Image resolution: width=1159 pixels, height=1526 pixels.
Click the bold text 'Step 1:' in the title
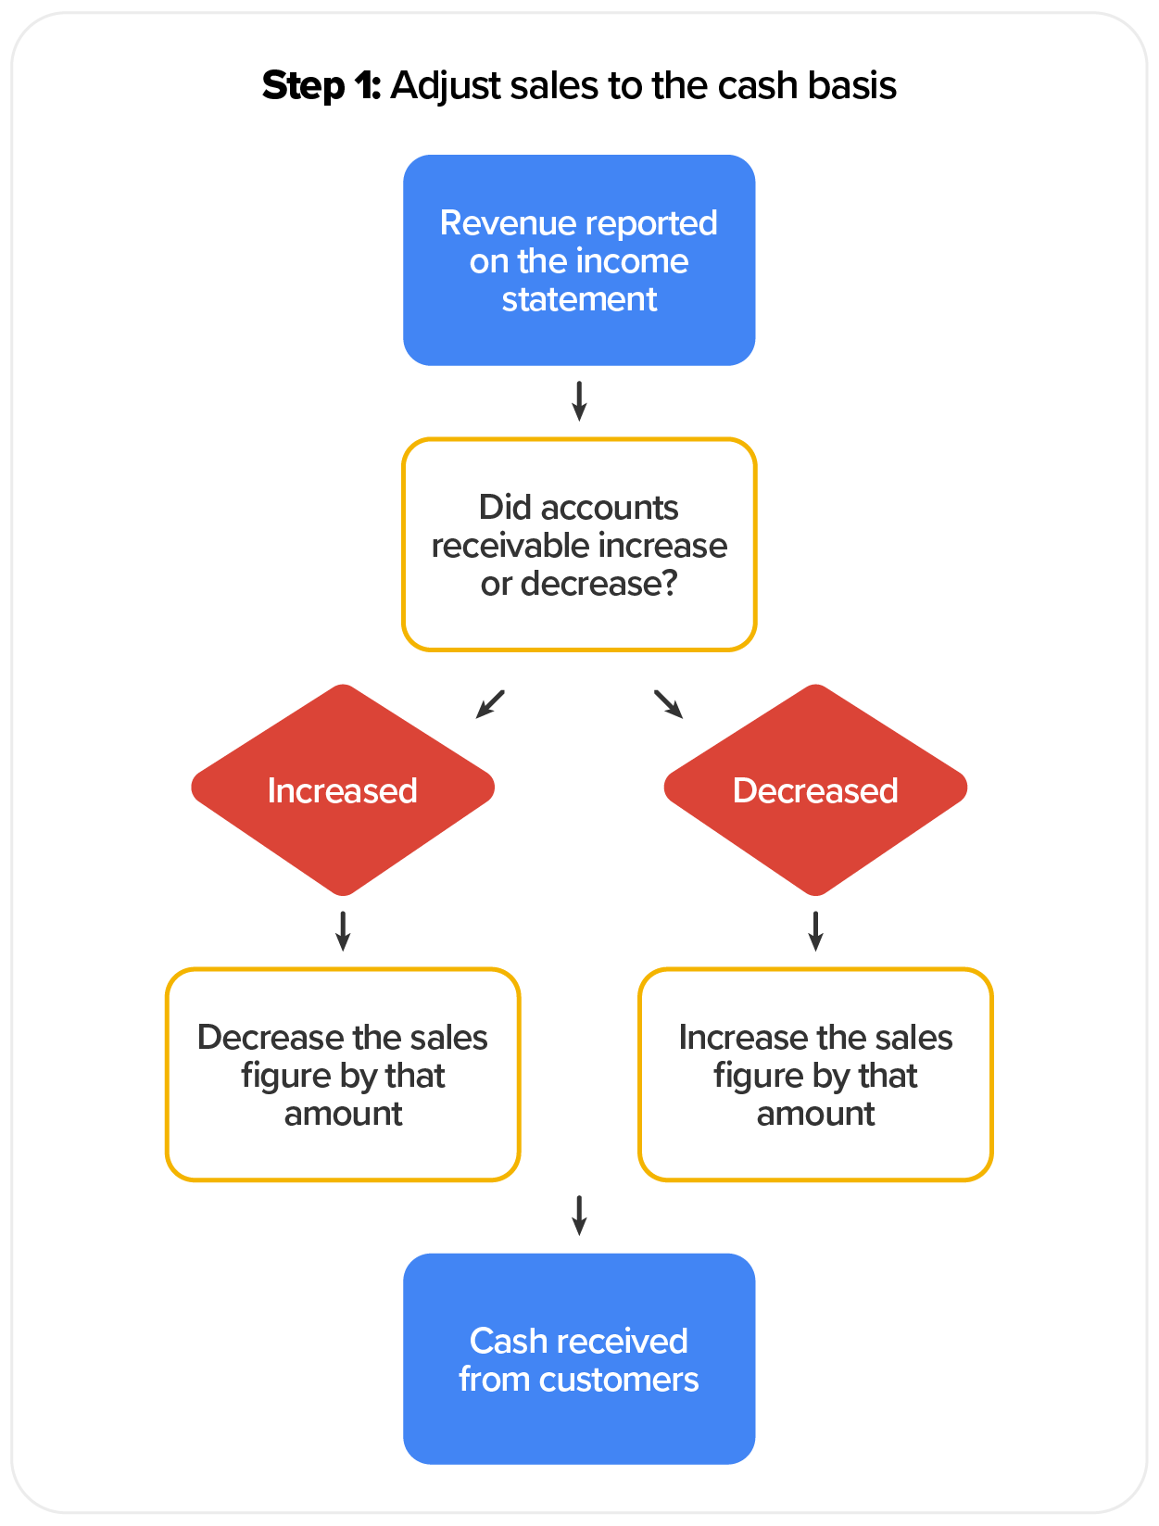pyautogui.click(x=321, y=86)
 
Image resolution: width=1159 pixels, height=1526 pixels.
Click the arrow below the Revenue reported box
pyautogui.click(x=579, y=400)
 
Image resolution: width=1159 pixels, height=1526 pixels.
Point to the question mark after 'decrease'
pyautogui.click(x=668, y=584)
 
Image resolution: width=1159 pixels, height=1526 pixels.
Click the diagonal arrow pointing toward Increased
pyautogui.click(x=490, y=703)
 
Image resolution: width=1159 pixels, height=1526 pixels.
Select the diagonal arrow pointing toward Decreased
pyautogui.click(x=668, y=703)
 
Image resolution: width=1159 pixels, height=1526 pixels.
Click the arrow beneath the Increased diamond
pyautogui.click(x=343, y=930)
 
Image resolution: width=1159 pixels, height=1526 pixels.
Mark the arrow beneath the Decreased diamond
pyautogui.click(x=815, y=930)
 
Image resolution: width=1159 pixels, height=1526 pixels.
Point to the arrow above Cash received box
pyautogui.click(x=579, y=1215)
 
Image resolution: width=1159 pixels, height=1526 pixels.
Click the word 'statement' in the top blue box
pyautogui.click(x=579, y=300)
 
